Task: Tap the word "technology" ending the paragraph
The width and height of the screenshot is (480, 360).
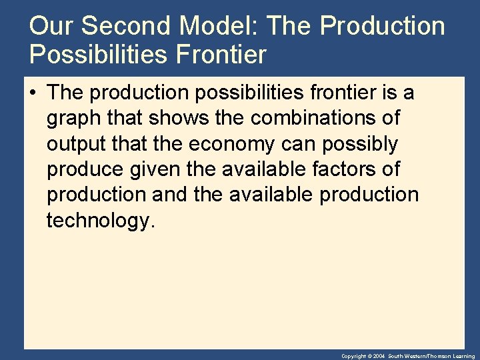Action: (x=99, y=221)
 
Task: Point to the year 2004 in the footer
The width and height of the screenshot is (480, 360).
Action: (x=379, y=357)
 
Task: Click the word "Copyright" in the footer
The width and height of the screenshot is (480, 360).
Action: (x=353, y=357)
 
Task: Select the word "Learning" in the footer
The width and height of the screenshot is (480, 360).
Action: (x=464, y=357)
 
